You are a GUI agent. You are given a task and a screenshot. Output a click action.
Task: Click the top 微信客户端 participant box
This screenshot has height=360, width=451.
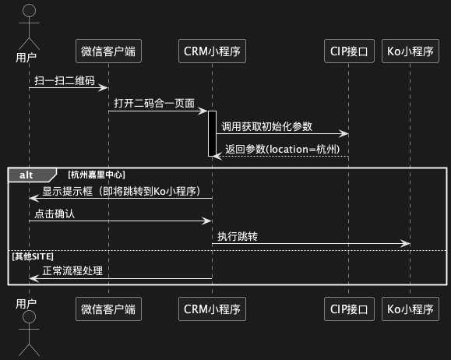click(108, 51)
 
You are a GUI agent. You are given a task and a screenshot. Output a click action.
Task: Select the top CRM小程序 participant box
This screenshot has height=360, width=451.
click(213, 51)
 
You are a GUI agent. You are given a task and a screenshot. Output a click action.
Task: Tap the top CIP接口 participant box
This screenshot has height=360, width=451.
click(349, 51)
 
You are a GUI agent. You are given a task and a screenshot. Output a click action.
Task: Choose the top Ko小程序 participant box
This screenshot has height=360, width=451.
click(410, 51)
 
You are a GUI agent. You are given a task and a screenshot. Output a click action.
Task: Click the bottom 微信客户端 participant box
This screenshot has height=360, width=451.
click(108, 309)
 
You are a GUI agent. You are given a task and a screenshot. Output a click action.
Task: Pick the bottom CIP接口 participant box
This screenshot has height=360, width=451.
click(349, 309)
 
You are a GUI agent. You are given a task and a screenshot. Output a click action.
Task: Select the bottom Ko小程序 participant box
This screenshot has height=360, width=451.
click(410, 309)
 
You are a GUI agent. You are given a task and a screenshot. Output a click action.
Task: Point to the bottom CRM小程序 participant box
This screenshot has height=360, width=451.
click(213, 309)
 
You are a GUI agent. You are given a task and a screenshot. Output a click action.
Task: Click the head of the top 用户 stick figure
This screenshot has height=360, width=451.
click(29, 10)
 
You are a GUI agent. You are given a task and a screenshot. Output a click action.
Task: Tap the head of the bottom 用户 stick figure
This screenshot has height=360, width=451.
click(29, 317)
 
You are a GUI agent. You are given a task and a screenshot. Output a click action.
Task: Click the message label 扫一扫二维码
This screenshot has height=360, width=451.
click(65, 80)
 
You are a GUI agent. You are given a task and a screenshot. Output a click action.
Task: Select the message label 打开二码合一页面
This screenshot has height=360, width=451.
click(154, 104)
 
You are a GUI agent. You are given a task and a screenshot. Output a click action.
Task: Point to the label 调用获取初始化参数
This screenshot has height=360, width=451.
click(267, 126)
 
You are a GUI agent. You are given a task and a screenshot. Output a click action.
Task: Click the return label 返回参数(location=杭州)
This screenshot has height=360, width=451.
click(283, 149)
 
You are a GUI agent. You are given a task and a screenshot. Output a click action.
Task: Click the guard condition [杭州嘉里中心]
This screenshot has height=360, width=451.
click(97, 175)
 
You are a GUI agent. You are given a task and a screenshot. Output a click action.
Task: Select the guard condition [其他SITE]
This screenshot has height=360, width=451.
click(33, 256)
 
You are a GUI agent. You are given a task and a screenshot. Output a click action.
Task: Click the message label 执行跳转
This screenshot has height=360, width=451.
click(238, 237)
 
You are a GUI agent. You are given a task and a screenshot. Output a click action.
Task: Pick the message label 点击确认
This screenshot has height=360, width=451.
click(55, 214)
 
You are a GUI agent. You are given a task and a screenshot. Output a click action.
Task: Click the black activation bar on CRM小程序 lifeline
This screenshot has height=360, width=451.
click(213, 133)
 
